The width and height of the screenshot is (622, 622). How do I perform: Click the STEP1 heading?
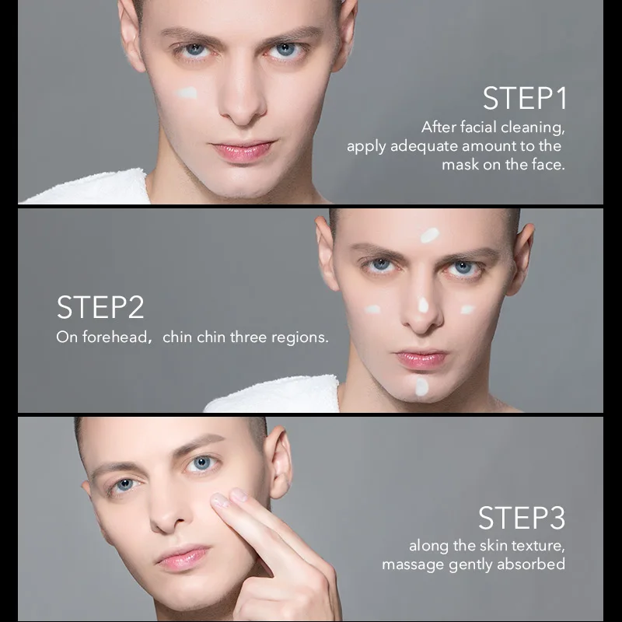coord(525,99)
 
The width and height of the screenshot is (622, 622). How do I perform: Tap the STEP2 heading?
coord(100,307)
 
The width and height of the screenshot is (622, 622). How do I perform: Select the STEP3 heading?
coord(521,518)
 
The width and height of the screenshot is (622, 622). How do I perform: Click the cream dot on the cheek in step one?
coord(187,93)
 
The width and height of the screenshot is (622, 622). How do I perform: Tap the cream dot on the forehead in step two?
coord(429,235)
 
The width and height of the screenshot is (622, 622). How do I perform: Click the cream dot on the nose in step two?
coord(423,304)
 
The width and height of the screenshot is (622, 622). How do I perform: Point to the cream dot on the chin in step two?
coord(421,386)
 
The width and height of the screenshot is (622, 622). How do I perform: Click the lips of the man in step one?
coord(243,149)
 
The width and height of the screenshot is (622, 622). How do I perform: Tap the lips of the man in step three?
coord(182,556)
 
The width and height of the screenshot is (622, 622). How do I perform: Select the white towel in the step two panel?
coord(280,395)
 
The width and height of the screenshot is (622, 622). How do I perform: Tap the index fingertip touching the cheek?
coord(221,500)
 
